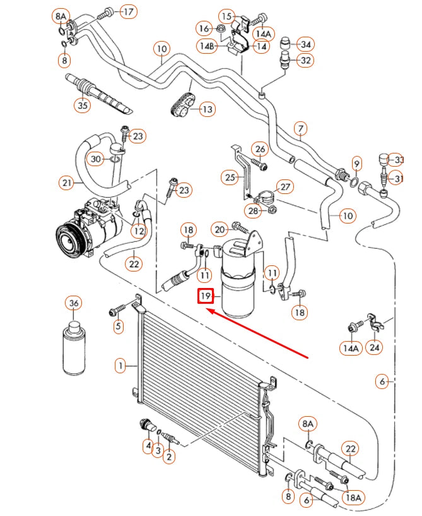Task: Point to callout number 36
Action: coord(74,304)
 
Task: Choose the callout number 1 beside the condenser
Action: coord(119,365)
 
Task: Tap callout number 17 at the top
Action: coord(128,11)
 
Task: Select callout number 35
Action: coord(83,105)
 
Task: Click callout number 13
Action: coord(206,109)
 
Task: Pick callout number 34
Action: coord(305,44)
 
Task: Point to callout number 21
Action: coord(67,183)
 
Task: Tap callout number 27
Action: coord(285,187)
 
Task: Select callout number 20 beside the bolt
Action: coord(220,229)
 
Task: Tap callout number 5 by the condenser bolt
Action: coord(117,326)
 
